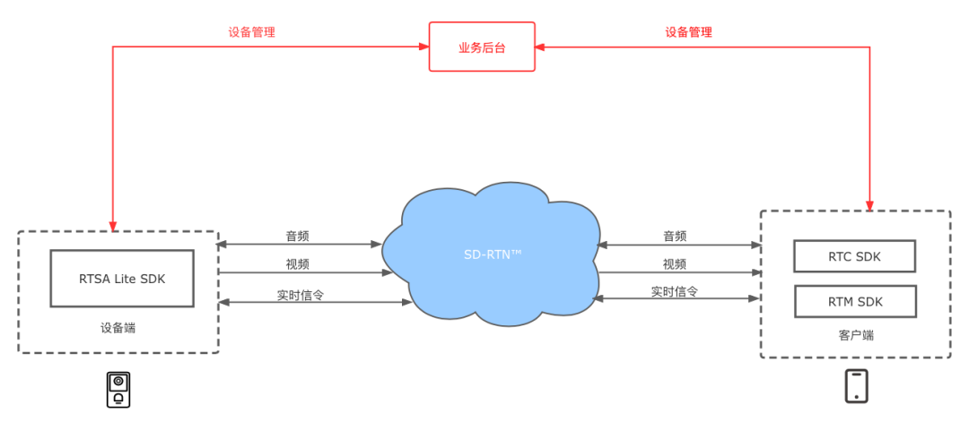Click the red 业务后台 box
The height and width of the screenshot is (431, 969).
click(482, 47)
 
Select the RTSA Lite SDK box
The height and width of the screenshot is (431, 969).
click(122, 278)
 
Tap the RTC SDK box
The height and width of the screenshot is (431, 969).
click(854, 256)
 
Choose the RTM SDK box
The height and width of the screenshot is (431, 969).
click(854, 301)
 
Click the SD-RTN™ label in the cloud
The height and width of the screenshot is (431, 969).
click(493, 255)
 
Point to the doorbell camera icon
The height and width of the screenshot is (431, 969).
click(118, 389)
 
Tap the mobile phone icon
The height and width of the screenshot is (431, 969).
click(856, 386)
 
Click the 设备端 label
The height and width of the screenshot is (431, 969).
click(118, 328)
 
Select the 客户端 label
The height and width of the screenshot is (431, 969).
click(855, 335)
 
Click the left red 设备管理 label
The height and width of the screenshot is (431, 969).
click(251, 32)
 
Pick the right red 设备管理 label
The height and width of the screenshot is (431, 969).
click(688, 32)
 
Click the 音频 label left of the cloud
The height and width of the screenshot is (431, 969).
click(298, 237)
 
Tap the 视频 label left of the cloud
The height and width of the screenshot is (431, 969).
click(298, 264)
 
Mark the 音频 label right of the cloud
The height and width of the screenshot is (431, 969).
click(675, 237)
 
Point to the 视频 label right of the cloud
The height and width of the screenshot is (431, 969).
click(675, 264)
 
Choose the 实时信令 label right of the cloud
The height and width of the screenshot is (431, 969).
click(675, 292)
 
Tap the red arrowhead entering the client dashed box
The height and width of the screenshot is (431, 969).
click(869, 205)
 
